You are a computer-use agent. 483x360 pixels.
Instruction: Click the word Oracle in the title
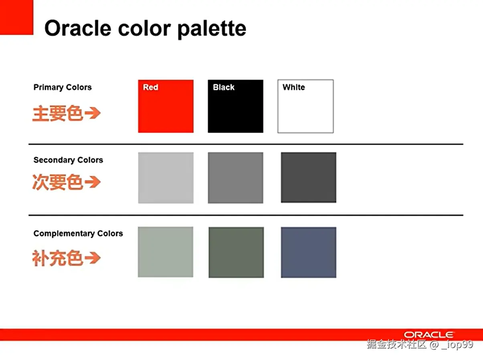click(x=78, y=28)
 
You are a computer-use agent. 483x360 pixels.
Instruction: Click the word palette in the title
click(x=212, y=29)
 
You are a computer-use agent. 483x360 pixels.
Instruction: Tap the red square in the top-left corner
click(x=16, y=17)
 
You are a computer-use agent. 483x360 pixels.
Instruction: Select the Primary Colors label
click(x=63, y=87)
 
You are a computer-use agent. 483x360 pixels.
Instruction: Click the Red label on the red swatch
click(x=150, y=87)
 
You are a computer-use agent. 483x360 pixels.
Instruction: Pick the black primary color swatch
click(x=235, y=106)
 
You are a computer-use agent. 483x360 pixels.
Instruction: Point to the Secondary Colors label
click(x=68, y=160)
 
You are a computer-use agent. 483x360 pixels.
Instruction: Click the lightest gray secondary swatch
click(x=166, y=178)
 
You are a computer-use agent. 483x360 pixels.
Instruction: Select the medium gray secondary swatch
click(x=235, y=178)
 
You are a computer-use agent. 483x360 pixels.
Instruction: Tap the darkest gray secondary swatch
click(x=309, y=177)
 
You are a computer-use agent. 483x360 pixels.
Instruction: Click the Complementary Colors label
click(x=78, y=233)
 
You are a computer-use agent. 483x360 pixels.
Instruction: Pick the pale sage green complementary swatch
click(x=166, y=252)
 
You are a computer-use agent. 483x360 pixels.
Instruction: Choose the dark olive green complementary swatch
click(x=236, y=253)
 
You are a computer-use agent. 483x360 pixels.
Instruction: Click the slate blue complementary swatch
click(x=309, y=253)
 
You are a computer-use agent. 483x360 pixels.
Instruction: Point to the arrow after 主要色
click(x=93, y=113)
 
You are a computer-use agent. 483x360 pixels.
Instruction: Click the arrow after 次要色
click(x=93, y=182)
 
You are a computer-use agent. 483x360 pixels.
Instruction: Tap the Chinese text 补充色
click(x=58, y=258)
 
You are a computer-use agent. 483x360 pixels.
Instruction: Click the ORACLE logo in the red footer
click(x=428, y=335)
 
